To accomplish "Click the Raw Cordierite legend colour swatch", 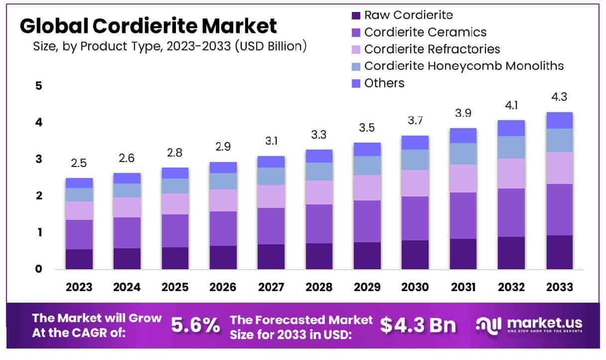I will [x=356, y=15].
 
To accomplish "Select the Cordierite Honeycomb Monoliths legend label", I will [x=464, y=66].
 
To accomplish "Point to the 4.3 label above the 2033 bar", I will [x=559, y=97].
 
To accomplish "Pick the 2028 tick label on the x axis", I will [x=319, y=287].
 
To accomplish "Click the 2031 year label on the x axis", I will [x=463, y=287].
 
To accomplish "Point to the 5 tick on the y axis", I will [x=38, y=86].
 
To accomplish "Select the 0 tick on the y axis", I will [x=38, y=269].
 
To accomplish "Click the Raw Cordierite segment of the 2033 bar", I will [x=559, y=252].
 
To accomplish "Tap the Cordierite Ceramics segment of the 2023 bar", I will [x=79, y=234].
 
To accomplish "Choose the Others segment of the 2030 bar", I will [x=415, y=143].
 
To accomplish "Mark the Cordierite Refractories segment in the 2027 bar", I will [x=271, y=196].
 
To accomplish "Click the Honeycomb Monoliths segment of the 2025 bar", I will [x=175, y=186].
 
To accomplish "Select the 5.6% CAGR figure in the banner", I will [x=195, y=326].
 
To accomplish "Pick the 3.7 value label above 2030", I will [x=415, y=122].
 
